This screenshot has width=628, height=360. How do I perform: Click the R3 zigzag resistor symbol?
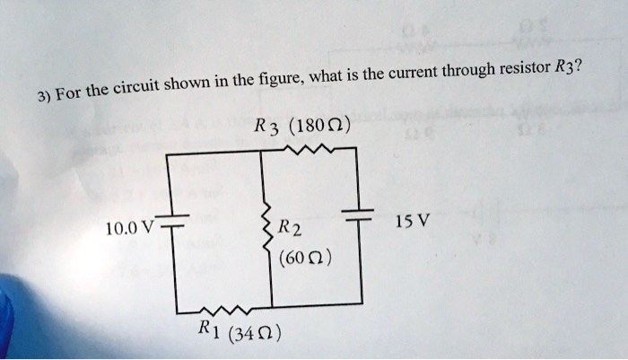coord(309,150)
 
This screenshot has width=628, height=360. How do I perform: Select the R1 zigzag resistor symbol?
coord(226,310)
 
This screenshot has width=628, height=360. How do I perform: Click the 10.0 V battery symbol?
coord(174,221)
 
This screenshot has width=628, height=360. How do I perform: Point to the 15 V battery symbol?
coord(358,215)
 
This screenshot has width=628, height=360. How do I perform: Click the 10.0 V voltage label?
coord(129,228)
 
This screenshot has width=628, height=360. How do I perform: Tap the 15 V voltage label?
coord(413,221)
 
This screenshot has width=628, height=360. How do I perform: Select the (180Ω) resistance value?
coord(318,127)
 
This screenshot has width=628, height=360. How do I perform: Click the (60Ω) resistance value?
coord(305,258)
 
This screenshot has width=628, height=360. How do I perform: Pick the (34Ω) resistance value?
coord(254,333)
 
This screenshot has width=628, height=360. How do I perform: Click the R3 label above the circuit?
coord(266,128)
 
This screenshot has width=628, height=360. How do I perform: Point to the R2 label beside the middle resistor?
coord(290,228)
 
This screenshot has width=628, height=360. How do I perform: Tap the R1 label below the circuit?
coord(210,329)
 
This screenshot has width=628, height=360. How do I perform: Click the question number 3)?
coord(44,97)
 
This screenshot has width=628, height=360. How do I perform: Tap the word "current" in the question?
coord(413,73)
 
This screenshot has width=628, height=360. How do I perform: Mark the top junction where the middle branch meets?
coord(261,151)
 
